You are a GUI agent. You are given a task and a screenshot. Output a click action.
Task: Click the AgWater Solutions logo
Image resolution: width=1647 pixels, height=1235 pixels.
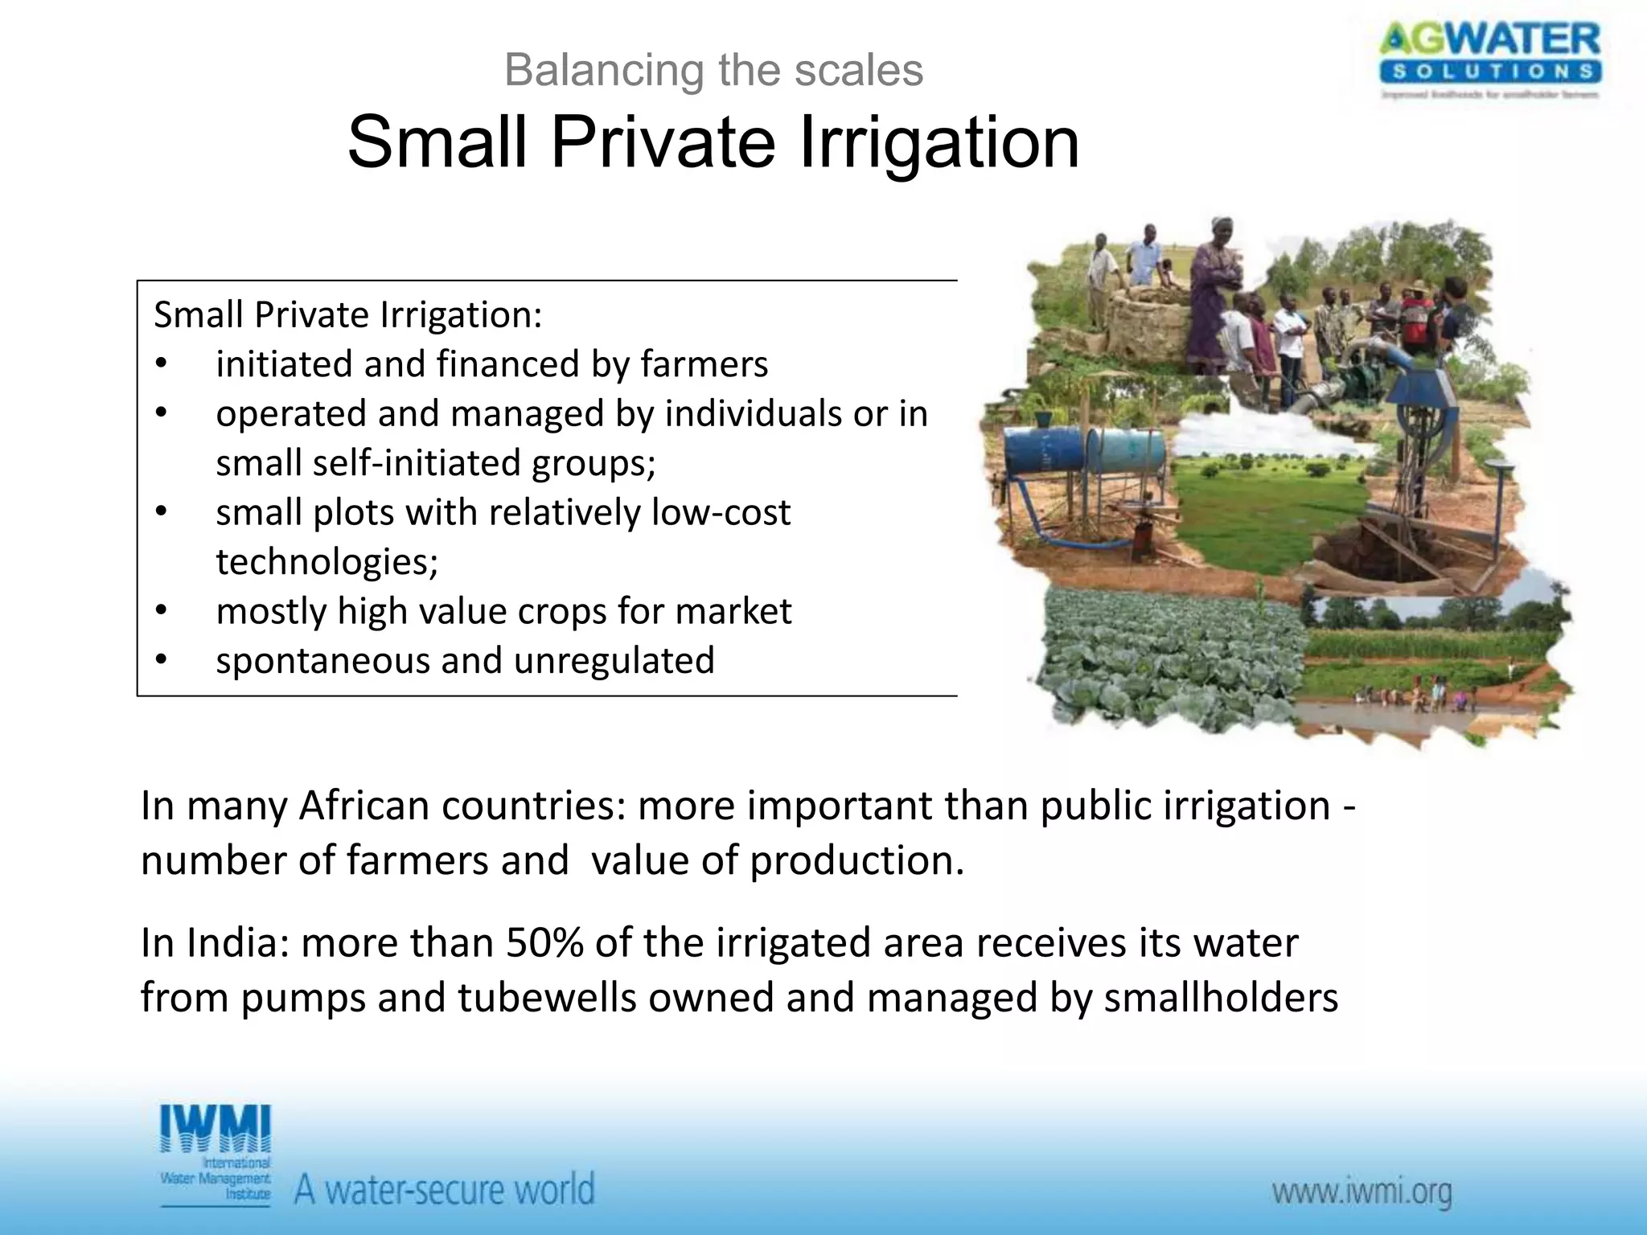click(1490, 60)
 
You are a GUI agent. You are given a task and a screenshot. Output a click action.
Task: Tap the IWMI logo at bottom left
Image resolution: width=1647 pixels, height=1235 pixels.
click(216, 1154)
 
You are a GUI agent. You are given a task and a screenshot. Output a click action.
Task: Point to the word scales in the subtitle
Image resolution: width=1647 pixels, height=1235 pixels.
click(858, 70)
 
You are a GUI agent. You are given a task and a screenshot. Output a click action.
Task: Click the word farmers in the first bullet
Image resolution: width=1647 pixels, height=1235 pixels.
click(704, 364)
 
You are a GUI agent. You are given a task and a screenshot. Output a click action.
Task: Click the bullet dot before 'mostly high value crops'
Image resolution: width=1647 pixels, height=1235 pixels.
click(161, 611)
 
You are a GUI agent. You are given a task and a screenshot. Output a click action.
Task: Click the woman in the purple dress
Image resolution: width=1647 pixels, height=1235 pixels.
click(1213, 297)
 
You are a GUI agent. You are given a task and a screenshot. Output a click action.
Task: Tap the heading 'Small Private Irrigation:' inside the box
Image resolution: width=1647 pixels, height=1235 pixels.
click(347, 314)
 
